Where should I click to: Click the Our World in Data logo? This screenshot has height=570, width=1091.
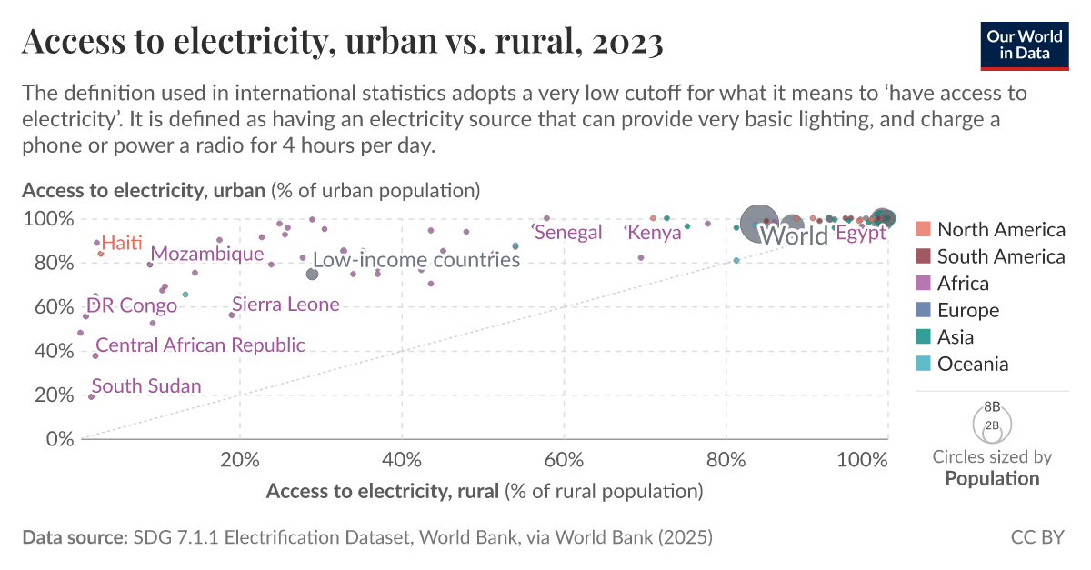pos(1024,43)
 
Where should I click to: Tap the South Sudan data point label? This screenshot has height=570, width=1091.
pos(146,386)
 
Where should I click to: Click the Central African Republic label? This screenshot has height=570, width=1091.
pos(200,345)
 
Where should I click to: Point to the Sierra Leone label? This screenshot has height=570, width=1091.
pos(285,305)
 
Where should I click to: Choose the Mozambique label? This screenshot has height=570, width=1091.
pos(207,254)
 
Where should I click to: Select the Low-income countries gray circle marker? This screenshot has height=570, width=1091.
pos(312,274)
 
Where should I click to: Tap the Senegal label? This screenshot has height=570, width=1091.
pos(569,233)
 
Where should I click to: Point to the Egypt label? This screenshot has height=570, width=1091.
pos(860,234)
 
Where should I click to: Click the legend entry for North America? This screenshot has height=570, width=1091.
pos(1000,230)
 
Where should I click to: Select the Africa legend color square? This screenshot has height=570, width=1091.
pos(923,284)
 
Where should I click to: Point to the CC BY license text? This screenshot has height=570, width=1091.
pos(1036,537)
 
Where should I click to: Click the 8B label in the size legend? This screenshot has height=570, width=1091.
pos(992,407)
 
